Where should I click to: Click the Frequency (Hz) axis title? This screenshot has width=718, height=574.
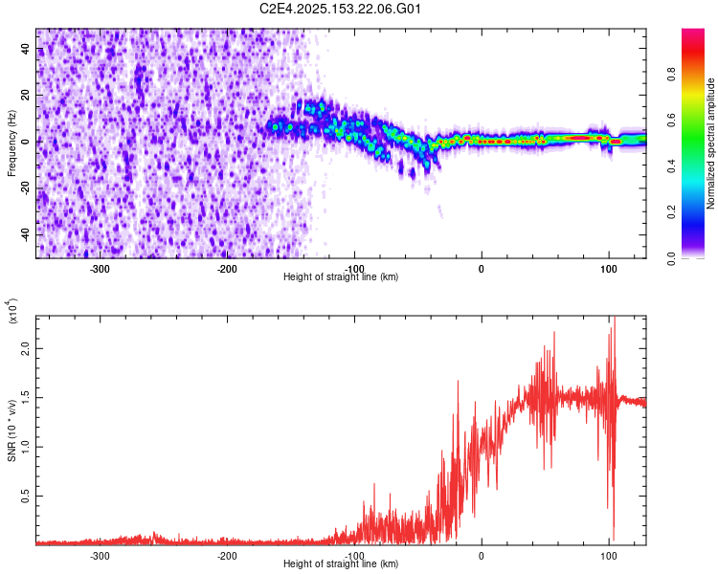tap(11, 143)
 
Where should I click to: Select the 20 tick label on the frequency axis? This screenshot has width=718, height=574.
tap(27, 96)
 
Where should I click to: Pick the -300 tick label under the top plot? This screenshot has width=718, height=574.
tap(101, 269)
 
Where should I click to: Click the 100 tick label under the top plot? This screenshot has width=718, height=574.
tap(608, 269)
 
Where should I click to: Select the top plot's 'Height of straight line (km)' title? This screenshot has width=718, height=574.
tap(341, 277)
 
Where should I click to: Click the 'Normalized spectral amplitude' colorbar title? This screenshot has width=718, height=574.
tap(711, 143)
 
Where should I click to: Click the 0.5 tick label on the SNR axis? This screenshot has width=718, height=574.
tap(25, 496)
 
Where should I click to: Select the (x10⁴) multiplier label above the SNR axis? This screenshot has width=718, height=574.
tap(11, 311)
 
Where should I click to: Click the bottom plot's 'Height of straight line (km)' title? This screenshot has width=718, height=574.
tap(341, 564)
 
